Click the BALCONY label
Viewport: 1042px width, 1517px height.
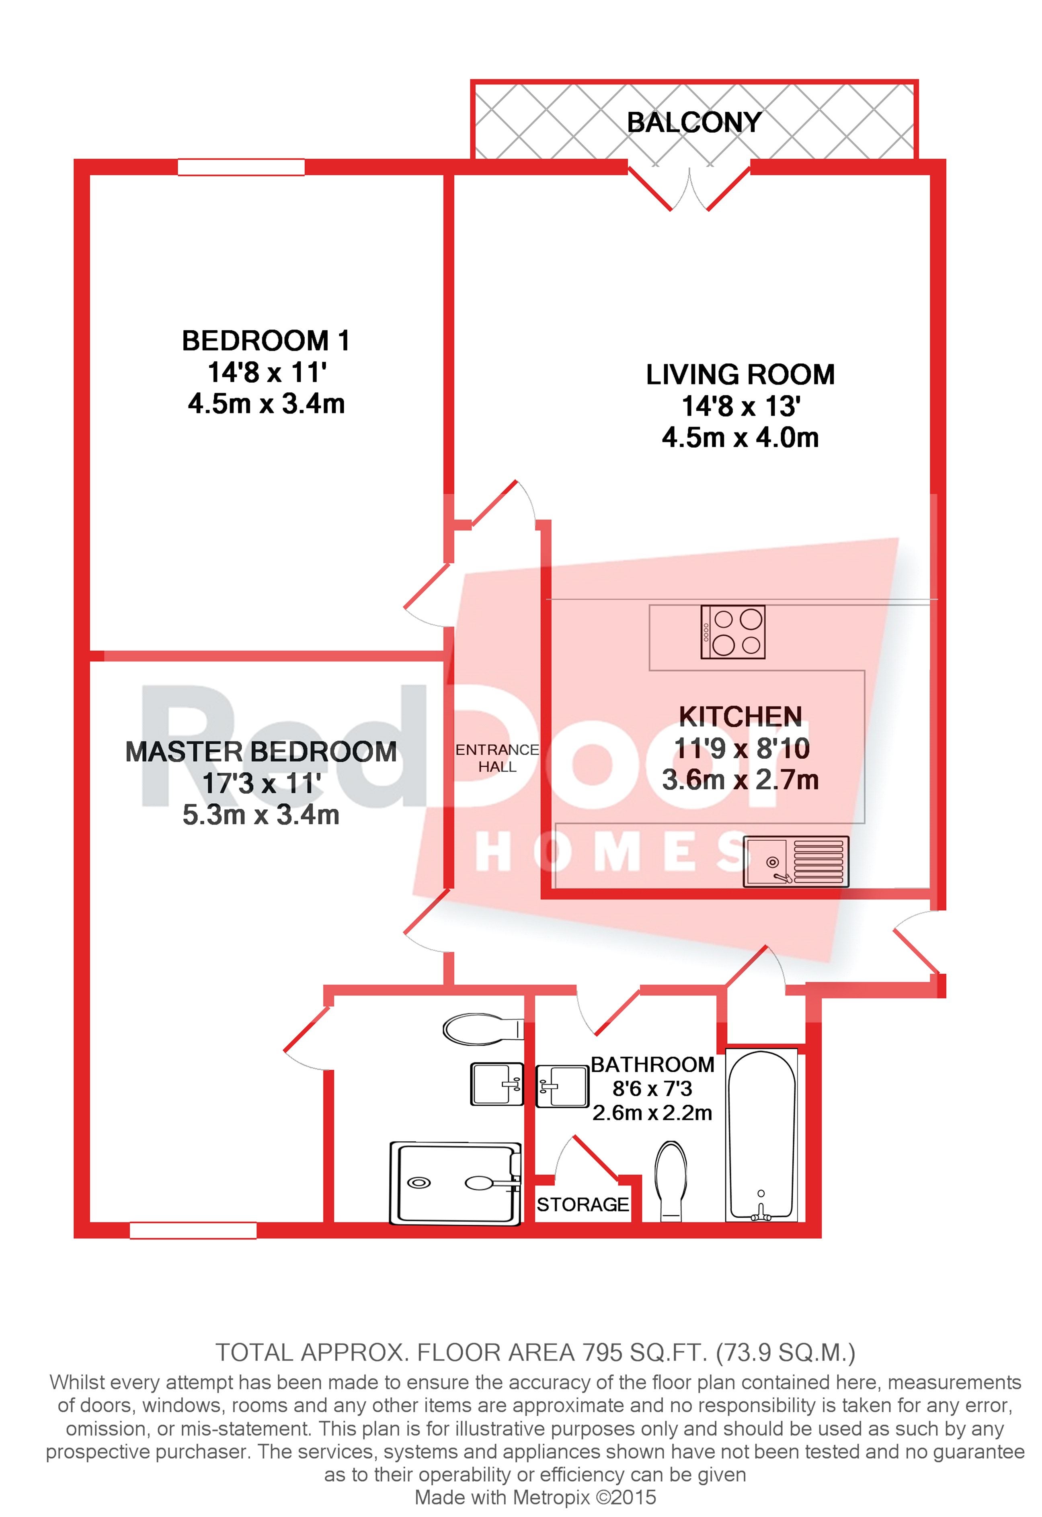tap(694, 122)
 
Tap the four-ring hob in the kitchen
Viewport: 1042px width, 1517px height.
tap(732, 632)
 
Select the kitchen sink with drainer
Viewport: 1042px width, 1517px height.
tap(796, 862)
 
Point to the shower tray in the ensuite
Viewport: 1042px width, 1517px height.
tap(455, 1183)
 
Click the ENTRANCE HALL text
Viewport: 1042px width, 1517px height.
tap(497, 758)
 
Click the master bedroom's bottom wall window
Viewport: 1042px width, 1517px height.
tap(193, 1230)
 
